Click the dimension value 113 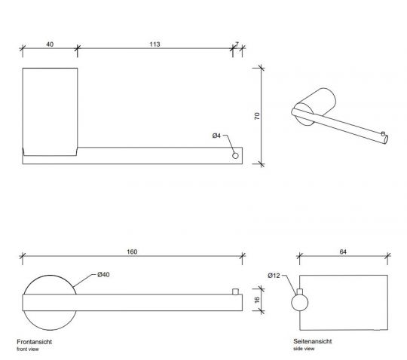coord(155,44)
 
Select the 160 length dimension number coord(132,252)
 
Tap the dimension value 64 coord(343,252)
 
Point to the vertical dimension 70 coord(257,116)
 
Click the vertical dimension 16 coord(257,300)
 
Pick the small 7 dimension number coord(237,44)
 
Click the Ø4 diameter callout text coord(216,136)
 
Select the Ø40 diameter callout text coord(103,275)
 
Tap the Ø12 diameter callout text coord(274,276)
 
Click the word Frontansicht coord(35,342)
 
